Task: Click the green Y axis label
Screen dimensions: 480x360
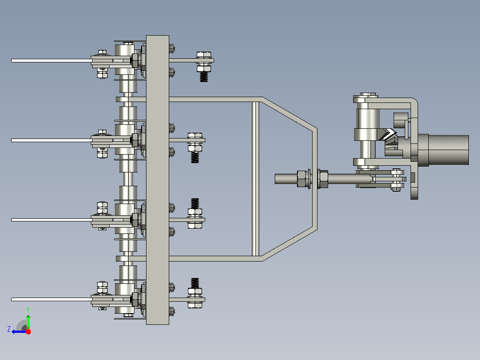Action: click(28, 310)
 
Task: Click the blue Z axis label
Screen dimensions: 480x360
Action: click(9, 329)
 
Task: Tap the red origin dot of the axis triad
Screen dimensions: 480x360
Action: click(28, 331)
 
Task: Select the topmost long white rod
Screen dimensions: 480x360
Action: click(52, 61)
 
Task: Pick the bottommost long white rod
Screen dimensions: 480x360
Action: click(52, 299)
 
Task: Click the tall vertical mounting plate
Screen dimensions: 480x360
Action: click(157, 180)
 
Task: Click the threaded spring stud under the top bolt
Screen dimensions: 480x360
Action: click(204, 77)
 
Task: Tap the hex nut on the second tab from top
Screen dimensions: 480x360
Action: click(195, 149)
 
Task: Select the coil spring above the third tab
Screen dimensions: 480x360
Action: click(195, 204)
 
